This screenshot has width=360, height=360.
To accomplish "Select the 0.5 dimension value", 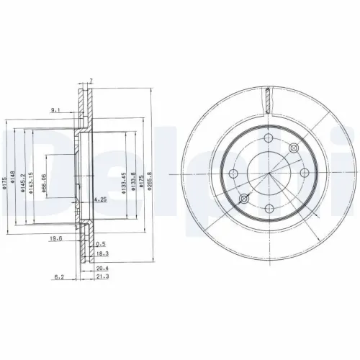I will [x=101, y=244].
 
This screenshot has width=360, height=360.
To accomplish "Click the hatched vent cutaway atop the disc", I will [x=267, y=99].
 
